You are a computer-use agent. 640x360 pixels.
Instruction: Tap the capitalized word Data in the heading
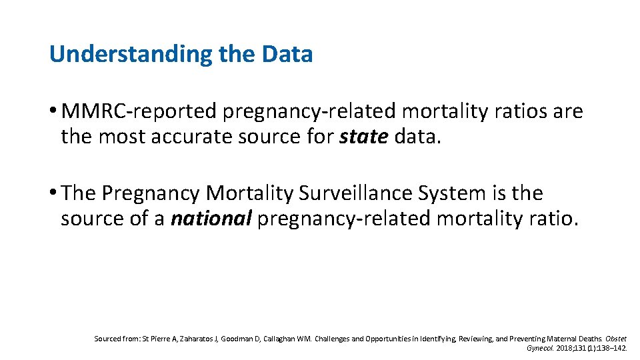(x=287, y=54)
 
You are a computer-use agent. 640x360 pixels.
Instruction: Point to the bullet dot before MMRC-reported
(x=53, y=111)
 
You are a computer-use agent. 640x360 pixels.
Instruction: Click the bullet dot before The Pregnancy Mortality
(x=53, y=193)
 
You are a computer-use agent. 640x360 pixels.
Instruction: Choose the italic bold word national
(x=211, y=218)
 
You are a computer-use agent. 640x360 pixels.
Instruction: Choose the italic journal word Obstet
(x=617, y=339)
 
